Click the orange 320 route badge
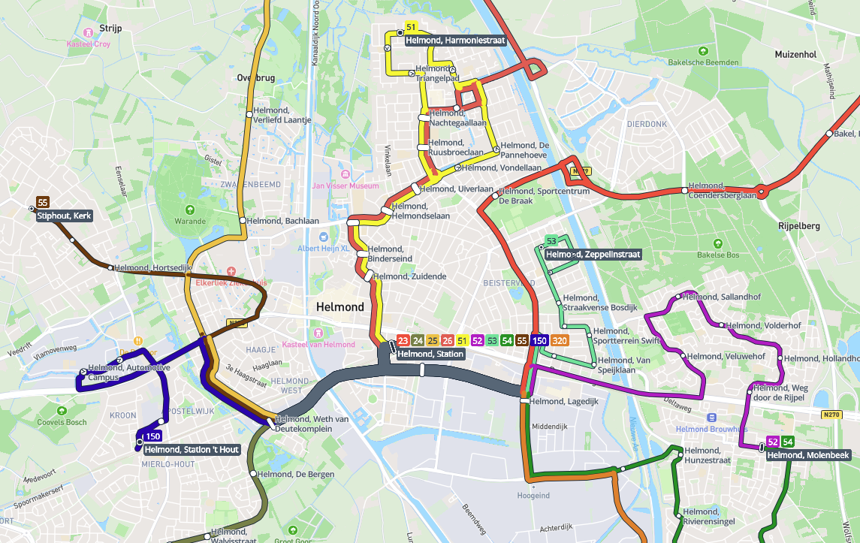pyautogui.click(x=560, y=340)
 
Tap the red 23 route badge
pyautogui.click(x=403, y=340)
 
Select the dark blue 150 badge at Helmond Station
pyautogui.click(x=539, y=340)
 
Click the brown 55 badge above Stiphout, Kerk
pyautogui.click(x=43, y=203)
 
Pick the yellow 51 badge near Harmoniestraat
pyautogui.click(x=411, y=27)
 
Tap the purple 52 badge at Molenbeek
pyautogui.click(x=772, y=442)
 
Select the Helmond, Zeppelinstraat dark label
pyautogui.click(x=593, y=255)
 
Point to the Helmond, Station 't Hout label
pyautogui.click(x=192, y=450)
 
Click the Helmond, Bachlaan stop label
pyautogui.click(x=286, y=221)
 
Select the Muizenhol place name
pyautogui.click(x=795, y=55)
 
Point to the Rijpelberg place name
pyautogui.click(x=798, y=225)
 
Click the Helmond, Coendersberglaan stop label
pyautogui.click(x=722, y=191)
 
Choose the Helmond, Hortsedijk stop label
pyautogui.click(x=153, y=267)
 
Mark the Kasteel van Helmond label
pyautogui.click(x=318, y=345)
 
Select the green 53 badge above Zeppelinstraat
pyautogui.click(x=551, y=241)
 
